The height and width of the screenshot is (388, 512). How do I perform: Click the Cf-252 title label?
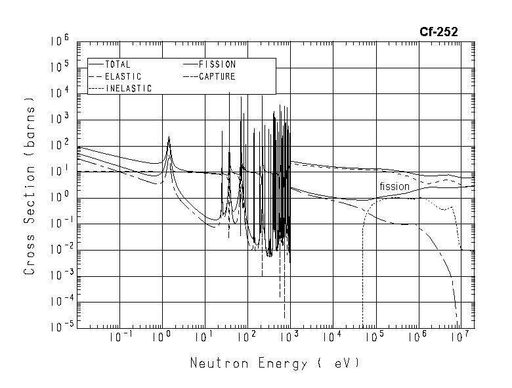[438, 31]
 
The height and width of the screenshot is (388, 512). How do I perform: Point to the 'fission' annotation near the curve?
[394, 187]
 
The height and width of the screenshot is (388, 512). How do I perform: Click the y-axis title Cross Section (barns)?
[29, 186]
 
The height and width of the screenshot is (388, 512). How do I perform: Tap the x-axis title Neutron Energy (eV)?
[275, 362]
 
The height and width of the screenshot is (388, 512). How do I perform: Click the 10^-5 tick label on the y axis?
[58, 327]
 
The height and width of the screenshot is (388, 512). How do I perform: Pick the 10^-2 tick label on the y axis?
[58, 249]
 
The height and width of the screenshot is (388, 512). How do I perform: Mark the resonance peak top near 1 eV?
[169, 137]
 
